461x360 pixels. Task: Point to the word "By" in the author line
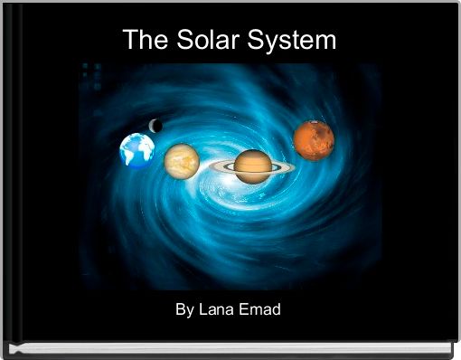tap(184, 310)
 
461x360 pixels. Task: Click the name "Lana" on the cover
tap(218, 310)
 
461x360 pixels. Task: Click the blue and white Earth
tap(137, 151)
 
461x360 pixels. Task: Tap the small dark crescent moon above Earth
tap(155, 126)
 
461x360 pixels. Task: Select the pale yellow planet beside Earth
tap(182, 161)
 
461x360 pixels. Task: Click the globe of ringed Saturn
tap(253, 166)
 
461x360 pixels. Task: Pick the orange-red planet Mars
tap(314, 139)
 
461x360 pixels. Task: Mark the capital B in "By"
tap(181, 310)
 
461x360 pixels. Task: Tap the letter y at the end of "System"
tap(278, 43)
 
